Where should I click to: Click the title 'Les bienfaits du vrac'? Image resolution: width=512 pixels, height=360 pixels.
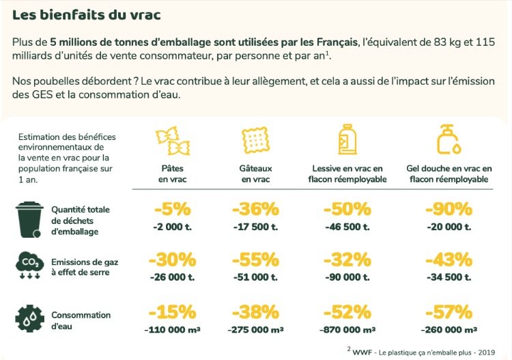click(x=86, y=15)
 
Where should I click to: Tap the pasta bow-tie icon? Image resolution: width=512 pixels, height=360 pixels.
click(x=173, y=141)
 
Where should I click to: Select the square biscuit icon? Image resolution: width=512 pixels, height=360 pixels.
click(x=255, y=140)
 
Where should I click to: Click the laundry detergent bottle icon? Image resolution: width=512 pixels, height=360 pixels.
click(x=347, y=139)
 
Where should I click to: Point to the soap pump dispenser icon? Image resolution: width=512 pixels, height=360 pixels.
click(x=449, y=139)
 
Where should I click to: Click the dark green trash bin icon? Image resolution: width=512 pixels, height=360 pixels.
click(x=29, y=219)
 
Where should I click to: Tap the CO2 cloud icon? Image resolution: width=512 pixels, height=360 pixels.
click(x=29, y=265)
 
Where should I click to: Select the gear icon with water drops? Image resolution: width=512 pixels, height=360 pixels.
click(x=30, y=318)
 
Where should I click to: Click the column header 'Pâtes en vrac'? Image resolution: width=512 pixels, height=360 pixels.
click(x=173, y=174)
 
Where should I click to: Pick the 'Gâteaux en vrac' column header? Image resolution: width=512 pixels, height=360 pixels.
click(x=255, y=174)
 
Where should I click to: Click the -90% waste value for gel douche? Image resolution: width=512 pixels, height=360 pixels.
click(x=449, y=209)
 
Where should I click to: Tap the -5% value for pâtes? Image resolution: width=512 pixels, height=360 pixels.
click(x=173, y=209)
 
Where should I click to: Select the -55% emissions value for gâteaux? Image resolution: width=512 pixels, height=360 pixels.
click(x=256, y=260)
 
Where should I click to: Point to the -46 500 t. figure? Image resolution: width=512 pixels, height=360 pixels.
click(x=347, y=227)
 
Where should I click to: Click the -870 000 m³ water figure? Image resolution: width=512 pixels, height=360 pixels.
click(x=347, y=330)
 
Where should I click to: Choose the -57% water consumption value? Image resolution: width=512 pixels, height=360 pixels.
click(x=449, y=311)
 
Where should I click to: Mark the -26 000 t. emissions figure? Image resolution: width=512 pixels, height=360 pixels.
click(x=173, y=277)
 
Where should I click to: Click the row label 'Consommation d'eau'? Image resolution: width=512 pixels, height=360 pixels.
click(x=81, y=320)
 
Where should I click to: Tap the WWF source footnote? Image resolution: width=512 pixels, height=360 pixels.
click(x=421, y=352)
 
